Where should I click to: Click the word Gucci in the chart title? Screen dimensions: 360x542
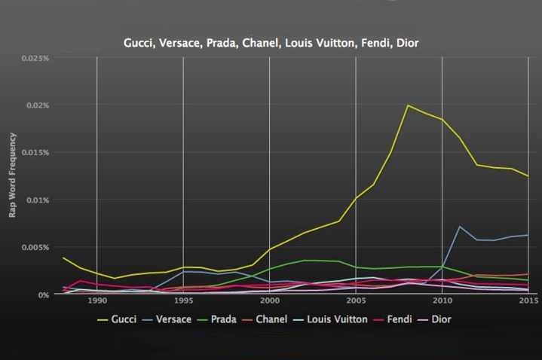click(x=139, y=43)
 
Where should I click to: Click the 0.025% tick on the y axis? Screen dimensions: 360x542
click(x=35, y=58)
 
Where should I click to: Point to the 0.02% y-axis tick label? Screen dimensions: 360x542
click(x=37, y=105)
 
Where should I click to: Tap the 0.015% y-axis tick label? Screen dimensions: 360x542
click(x=35, y=153)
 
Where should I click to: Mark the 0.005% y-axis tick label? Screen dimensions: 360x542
click(x=35, y=248)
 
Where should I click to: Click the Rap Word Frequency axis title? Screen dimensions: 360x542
click(x=13, y=175)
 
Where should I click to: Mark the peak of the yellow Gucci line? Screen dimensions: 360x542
click(x=408, y=105)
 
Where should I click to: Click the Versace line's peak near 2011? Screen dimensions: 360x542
click(x=460, y=226)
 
